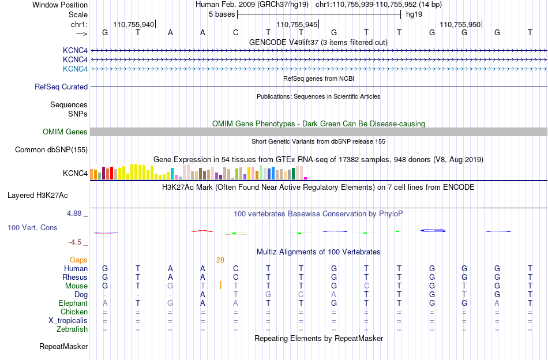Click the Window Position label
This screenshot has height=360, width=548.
point(60,5)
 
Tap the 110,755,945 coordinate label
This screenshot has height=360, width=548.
point(296,24)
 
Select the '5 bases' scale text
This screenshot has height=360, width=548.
point(222,14)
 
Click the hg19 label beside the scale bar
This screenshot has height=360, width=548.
point(414,14)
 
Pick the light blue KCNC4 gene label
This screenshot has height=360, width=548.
point(75,69)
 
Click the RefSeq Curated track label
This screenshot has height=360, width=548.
point(61,87)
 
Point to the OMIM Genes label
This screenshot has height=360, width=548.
point(65,132)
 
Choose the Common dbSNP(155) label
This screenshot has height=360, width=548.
point(51,149)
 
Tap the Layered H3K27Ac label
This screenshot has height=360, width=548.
point(37,196)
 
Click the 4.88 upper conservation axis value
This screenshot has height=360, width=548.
point(74,213)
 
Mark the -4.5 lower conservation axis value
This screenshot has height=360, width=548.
point(75,242)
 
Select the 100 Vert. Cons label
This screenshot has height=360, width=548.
point(32,227)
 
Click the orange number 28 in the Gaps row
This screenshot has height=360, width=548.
point(220,260)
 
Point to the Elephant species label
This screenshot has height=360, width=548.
point(73,303)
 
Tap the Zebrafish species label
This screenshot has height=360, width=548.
point(72,329)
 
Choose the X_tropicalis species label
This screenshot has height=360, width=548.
point(68,321)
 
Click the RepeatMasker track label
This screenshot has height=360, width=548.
point(63,346)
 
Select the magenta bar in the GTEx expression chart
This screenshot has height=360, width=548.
point(306,178)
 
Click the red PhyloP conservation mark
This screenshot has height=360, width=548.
point(202,231)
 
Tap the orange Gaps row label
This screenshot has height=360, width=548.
point(78,260)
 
